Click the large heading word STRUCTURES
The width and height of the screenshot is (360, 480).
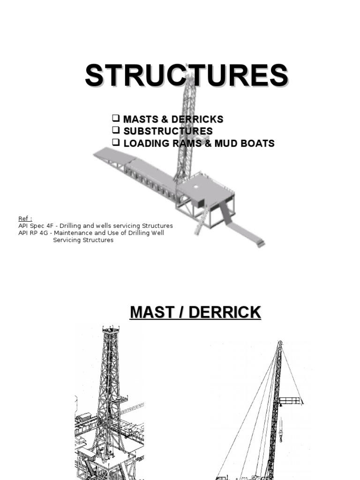(x=186, y=76)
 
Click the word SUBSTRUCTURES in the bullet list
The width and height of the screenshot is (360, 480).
(x=168, y=131)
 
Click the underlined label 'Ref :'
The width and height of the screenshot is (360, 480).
(x=25, y=219)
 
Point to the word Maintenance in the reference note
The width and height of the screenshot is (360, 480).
(x=75, y=233)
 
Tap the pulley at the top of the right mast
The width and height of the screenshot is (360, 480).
(x=280, y=344)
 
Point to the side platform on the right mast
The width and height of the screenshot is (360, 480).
(x=291, y=400)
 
